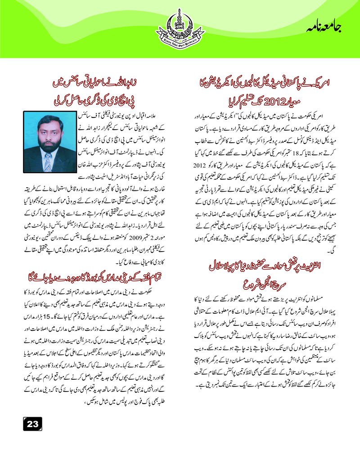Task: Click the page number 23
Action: tap(32, 423)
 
